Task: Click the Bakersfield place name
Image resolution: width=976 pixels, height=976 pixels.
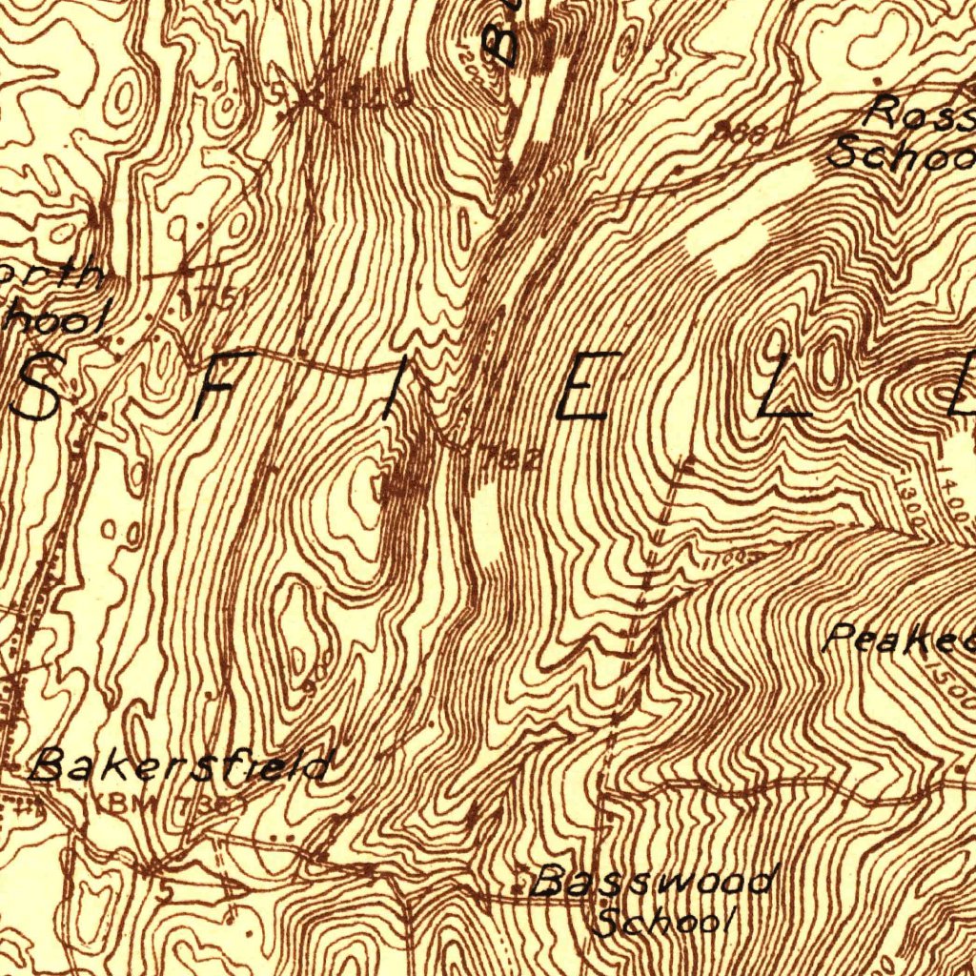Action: pos(181,765)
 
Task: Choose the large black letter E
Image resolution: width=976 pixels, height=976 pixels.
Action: pos(581,386)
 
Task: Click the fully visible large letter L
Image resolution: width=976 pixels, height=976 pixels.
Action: pos(783,386)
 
